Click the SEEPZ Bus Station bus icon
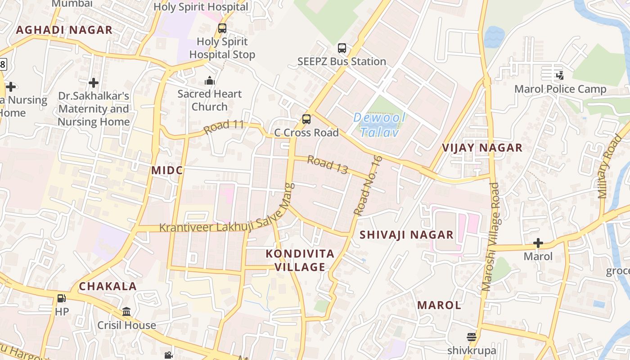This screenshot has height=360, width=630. click(342, 48)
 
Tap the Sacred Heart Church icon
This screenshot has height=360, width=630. click(209, 81)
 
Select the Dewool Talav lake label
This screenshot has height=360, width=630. click(379, 125)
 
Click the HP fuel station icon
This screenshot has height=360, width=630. click(61, 298)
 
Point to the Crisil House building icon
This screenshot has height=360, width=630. click(126, 312)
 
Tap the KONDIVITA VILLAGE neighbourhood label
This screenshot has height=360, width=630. click(300, 261)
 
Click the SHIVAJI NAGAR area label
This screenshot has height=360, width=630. click(406, 235)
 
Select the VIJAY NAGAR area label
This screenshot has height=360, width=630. click(482, 148)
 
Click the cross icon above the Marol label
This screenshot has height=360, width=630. click(538, 243)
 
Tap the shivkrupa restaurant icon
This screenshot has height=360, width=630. click(472, 337)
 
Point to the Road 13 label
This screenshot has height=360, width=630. click(328, 165)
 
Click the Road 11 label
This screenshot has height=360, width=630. click(224, 126)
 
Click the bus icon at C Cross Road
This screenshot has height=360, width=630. click(306, 119)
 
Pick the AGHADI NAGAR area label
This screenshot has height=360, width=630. click(64, 30)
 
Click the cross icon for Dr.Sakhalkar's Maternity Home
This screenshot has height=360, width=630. click(94, 83)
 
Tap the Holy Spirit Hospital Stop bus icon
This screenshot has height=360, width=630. click(222, 28)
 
